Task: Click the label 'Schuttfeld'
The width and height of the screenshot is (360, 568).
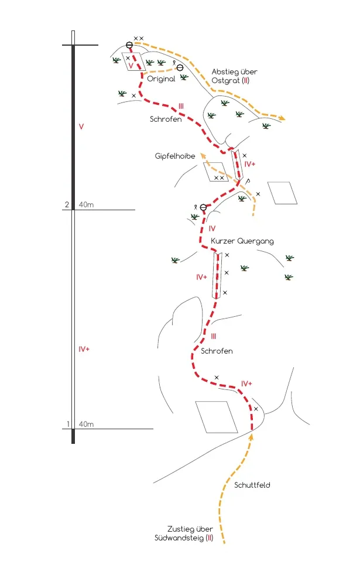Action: (252, 485)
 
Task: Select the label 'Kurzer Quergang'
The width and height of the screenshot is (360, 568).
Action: (242, 241)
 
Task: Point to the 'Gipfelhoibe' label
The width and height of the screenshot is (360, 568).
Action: (175, 156)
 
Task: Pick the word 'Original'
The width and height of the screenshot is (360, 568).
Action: (161, 78)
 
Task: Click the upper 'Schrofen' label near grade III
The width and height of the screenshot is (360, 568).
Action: (166, 119)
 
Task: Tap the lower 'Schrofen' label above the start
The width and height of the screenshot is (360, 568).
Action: (217, 351)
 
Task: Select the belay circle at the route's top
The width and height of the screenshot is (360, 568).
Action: (129, 45)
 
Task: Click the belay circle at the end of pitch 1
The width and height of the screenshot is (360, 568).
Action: (203, 207)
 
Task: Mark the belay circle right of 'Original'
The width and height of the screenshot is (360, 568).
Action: (180, 68)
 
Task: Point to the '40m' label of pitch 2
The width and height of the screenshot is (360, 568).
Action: (86, 205)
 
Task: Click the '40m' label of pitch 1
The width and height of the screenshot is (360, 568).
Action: (86, 424)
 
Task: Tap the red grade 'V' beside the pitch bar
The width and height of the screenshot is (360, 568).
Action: (81, 126)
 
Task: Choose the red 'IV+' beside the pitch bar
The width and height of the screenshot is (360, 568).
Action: (84, 349)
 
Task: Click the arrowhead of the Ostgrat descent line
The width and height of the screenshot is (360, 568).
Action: (282, 118)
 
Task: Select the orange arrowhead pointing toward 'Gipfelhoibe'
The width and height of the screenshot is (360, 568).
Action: (203, 155)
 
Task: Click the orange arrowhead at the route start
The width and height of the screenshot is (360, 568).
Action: (251, 436)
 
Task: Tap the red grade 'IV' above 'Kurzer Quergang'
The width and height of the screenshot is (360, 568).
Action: (212, 228)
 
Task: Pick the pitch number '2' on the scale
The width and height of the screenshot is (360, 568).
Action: (67, 205)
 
